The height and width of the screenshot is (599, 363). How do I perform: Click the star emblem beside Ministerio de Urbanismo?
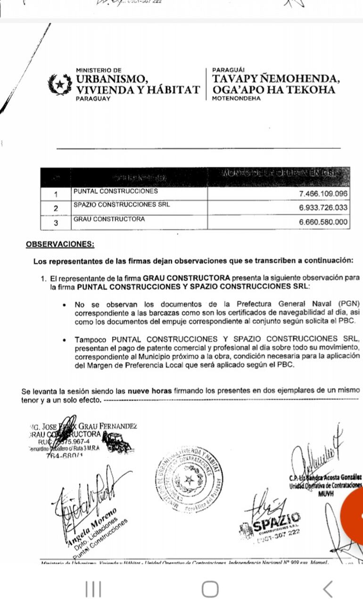pos(60,84)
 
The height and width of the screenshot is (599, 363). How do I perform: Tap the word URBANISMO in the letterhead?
pos(112,79)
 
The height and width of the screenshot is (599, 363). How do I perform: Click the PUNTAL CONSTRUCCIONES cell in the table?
pos(115,192)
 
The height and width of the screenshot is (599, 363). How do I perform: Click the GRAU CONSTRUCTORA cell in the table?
pos(109,219)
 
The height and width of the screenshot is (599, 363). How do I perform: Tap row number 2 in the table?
pos(56,208)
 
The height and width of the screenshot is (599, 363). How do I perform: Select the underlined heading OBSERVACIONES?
pos(60,244)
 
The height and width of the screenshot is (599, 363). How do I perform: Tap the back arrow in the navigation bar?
pos(328,589)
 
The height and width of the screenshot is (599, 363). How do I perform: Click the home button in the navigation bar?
pos(210,589)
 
